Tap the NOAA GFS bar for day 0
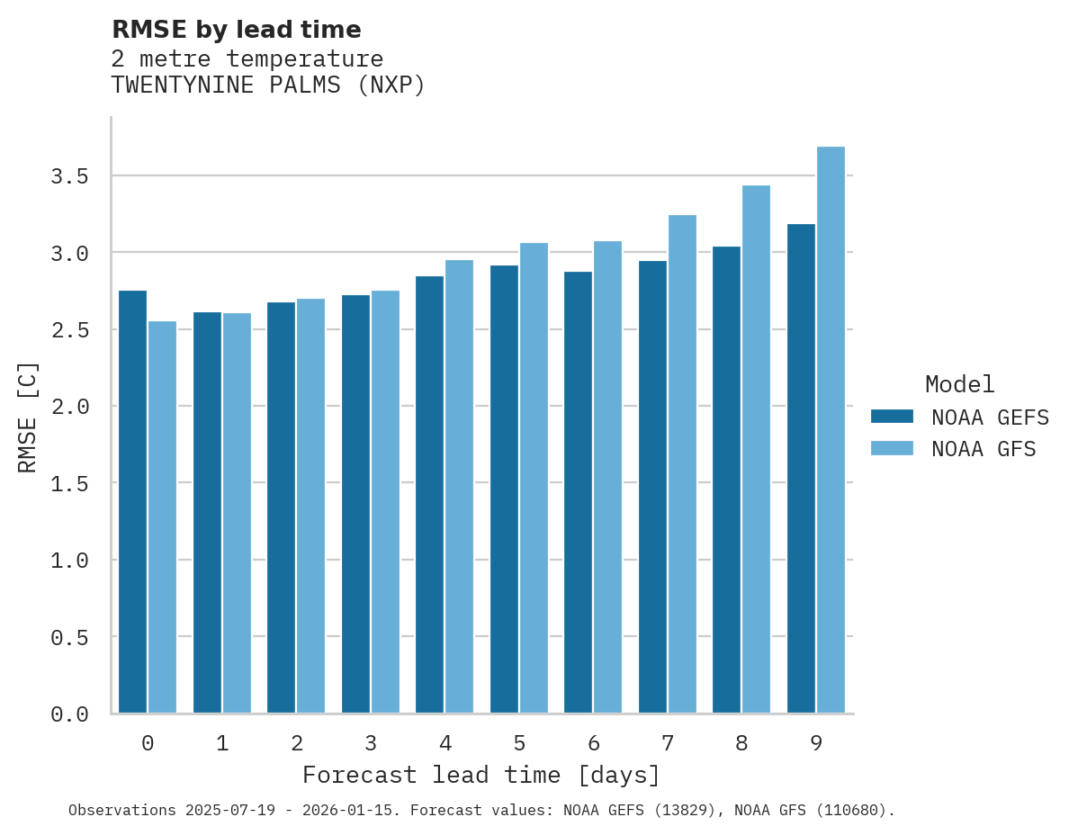pos(162,517)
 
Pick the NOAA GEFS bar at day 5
pos(504,489)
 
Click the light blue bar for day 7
pos(682,464)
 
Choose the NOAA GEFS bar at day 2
pos(281,508)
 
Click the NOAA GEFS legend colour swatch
pos(892,417)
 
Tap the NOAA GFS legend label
pos(984,449)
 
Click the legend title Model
pos(959,384)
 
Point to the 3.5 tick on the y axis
pos(69,176)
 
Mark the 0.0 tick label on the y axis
pos(69,714)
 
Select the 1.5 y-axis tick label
pos(69,484)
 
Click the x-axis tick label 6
pos(594,743)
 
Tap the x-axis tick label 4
pos(445,743)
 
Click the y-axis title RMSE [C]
pos(28,417)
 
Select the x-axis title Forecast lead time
pos(481,775)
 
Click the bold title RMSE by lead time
pos(236,30)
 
